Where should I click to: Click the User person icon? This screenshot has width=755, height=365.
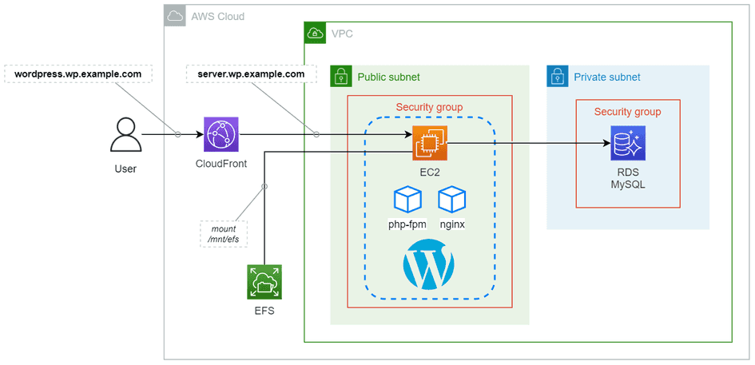point(125,135)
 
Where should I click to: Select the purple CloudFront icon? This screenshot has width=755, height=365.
point(221,135)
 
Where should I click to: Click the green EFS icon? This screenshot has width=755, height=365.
point(264,282)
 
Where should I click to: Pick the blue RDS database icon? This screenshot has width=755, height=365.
point(627,144)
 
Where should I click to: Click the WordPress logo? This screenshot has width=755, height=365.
point(429,265)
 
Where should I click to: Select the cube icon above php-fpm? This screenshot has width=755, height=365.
point(407,200)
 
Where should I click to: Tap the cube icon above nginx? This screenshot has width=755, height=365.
point(452,200)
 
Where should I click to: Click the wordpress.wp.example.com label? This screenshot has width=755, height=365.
point(78,74)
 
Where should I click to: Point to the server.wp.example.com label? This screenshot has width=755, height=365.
point(251,74)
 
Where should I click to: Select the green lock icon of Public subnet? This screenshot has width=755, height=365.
point(341,77)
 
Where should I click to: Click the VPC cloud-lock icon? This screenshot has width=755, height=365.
point(315,33)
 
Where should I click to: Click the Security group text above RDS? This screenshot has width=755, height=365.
point(627,112)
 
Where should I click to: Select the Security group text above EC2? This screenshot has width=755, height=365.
point(429,107)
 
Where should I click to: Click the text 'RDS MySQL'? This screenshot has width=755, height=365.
point(627,178)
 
